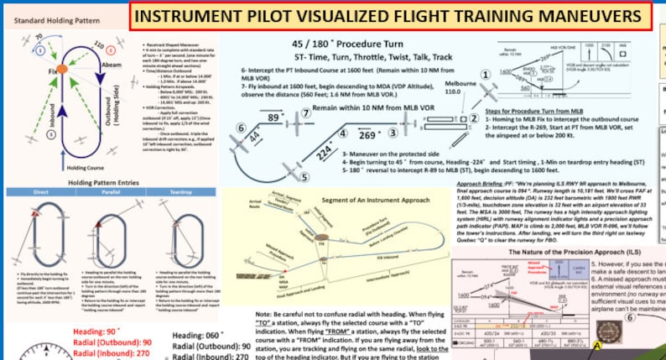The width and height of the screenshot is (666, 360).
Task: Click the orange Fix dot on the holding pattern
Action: coord(60,69)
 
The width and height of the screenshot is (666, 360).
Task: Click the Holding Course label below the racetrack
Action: coord(82,167)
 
